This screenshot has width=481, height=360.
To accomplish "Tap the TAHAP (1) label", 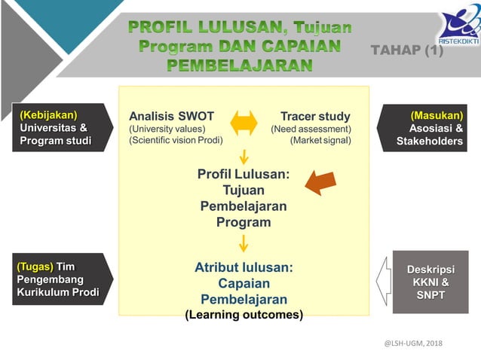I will coord(407,50).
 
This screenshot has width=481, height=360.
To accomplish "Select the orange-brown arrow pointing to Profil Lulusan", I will coord(322,182).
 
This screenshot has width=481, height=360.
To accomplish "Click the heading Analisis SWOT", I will coord(171,116).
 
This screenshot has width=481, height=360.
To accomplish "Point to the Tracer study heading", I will coord(315,116).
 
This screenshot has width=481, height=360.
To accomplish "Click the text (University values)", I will coord(167,129).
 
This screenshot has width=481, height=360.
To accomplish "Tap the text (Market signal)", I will coord(320,140).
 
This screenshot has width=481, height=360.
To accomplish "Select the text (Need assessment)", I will coord(311,129).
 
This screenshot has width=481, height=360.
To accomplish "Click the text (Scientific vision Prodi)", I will coord(176,140).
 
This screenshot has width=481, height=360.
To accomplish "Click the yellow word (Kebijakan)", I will coord(49,114).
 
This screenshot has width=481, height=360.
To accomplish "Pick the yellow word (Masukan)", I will coord(437,115).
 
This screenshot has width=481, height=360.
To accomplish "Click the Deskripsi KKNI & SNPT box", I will coord(430,282).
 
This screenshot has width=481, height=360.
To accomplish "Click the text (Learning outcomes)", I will coord(244,315).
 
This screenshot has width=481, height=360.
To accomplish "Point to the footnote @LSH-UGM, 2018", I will coord(413,343).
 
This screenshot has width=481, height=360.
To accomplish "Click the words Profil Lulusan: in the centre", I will coord(244,174).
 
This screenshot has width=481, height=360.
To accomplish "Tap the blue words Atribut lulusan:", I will coord(244,267).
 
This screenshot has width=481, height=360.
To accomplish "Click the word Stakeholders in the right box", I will coord(430,141).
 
